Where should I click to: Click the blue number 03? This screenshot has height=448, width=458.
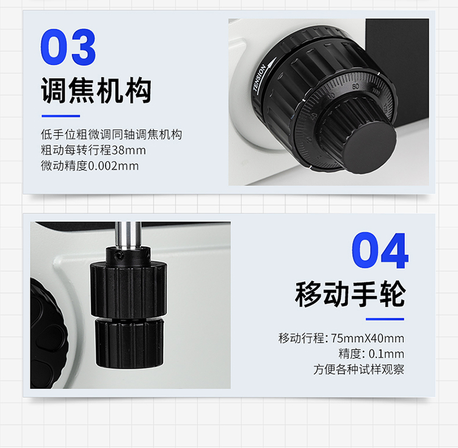pos(68,47)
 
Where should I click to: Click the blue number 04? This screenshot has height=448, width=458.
pos(380,251)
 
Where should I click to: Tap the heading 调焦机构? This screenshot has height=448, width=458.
pos(96,90)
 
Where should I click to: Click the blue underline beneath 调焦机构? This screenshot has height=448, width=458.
pos(60,116)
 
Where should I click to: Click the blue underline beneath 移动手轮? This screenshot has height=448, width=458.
pos(385,319)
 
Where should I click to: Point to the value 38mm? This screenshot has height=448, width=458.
pos(128,150)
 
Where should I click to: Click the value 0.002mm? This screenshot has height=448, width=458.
pos(114,166)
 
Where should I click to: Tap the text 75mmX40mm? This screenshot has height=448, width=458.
pos(368,339)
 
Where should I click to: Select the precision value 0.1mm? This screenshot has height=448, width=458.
pos(387,354)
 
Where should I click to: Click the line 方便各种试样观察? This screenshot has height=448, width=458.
pos(358,369)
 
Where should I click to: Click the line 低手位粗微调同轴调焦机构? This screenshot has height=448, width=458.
pos(111,134)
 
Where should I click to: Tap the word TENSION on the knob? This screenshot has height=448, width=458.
pos(260,78)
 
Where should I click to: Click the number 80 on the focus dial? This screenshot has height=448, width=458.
pos(355,87)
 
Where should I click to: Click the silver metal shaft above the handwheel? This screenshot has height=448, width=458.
pos(128,235)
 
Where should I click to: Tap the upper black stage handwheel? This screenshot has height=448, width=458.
pos(128,290)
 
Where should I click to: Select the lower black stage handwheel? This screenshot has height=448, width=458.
pos(129,343)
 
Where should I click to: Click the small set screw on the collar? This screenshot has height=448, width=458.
pos(118,256)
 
